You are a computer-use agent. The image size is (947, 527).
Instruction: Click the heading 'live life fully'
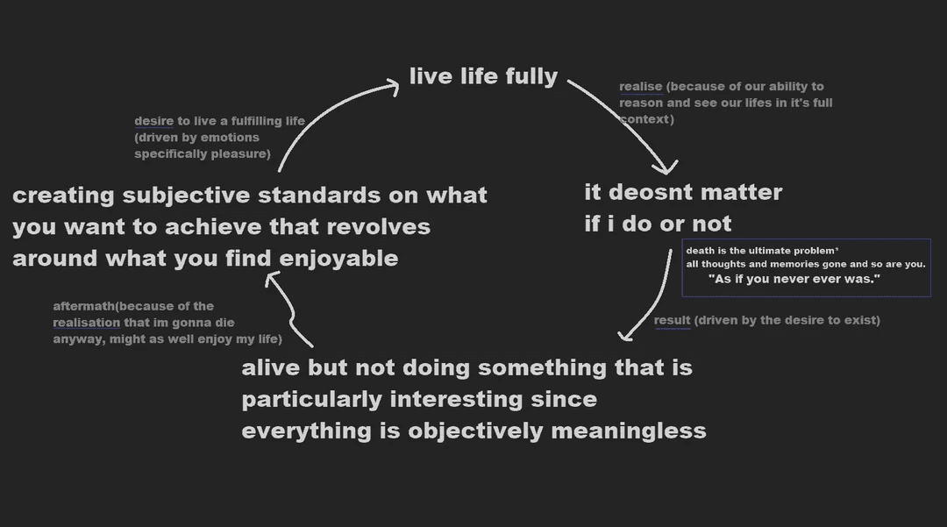coord(483,76)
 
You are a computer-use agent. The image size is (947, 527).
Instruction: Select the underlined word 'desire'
coord(153,121)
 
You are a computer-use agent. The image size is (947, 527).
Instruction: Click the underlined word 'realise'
coord(640,87)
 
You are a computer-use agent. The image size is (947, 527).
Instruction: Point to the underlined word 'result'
coord(672,320)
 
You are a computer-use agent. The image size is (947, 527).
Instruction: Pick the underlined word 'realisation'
coord(86,323)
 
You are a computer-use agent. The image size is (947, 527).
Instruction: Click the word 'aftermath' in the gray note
coord(84,306)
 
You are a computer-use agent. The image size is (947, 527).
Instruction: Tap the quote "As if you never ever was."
coord(794,278)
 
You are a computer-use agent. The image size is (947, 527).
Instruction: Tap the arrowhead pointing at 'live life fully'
coord(394,83)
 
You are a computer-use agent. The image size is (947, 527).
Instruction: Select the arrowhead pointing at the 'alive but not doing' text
coord(623,336)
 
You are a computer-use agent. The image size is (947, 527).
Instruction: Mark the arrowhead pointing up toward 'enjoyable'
coord(272,279)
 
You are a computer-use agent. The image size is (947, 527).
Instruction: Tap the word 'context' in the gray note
coord(644,118)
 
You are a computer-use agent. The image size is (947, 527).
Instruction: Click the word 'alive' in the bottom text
coord(270,367)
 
